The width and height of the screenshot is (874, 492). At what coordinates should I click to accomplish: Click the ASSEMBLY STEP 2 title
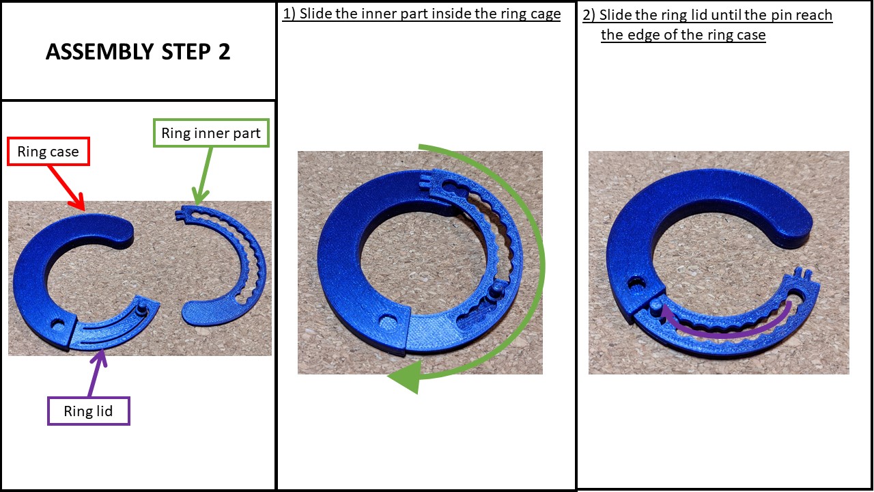(x=138, y=53)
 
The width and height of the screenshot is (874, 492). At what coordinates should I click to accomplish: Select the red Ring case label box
(x=48, y=152)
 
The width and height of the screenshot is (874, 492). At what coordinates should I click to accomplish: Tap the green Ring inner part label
(x=210, y=133)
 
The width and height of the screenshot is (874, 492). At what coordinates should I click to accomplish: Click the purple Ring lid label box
(x=88, y=411)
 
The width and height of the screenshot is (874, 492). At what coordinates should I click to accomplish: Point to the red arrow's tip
(x=84, y=208)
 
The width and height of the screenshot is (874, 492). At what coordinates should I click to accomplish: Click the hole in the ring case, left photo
(x=55, y=322)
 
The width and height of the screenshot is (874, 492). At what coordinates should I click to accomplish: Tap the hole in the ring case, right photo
(x=638, y=282)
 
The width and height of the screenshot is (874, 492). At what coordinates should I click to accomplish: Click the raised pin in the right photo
(x=655, y=305)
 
